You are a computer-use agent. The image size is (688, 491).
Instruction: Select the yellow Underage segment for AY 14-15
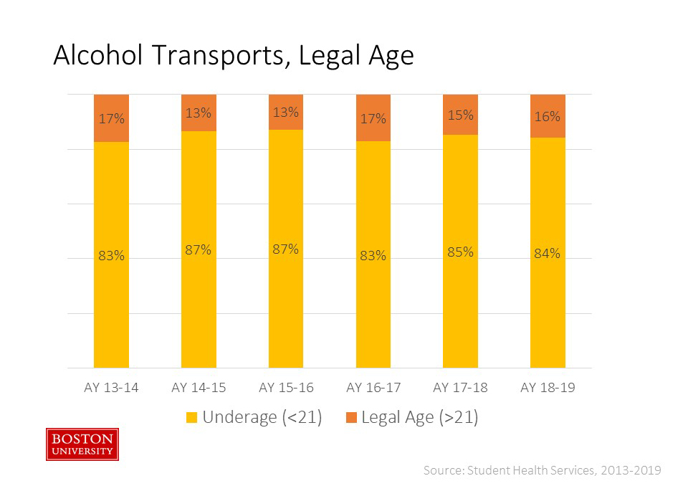pos(199,301)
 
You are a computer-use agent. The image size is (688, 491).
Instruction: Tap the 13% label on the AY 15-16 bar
pos(286,113)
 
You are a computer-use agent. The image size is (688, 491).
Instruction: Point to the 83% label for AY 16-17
pos(373,255)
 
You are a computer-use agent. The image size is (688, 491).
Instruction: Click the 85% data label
pos(460,252)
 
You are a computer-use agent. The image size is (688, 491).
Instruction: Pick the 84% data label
pos(548,253)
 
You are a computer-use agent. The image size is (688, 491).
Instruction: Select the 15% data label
pos(460,115)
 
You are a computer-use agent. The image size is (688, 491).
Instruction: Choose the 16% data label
pos(548,116)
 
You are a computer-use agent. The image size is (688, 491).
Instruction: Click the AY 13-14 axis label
pos(111,388)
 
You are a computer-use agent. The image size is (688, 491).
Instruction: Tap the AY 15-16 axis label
pos(286,388)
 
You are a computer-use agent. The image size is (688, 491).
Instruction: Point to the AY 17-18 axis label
pos(460,388)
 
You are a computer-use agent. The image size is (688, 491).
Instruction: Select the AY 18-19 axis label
pos(548,388)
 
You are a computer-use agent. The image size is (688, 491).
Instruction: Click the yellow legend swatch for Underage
pos(192,418)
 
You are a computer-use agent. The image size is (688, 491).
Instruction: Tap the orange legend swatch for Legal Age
pos(350,418)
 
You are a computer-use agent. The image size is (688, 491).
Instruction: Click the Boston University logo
pos(82,444)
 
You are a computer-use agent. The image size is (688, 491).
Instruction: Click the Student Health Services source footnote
pos(542,470)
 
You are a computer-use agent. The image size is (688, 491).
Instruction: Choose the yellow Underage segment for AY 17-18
pos(460,308)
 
